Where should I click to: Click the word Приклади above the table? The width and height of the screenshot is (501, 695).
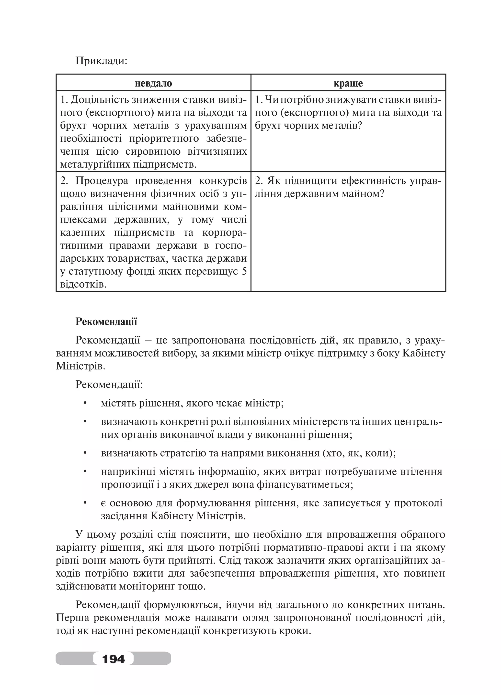(101, 61)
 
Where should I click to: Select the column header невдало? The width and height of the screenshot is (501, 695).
(153, 83)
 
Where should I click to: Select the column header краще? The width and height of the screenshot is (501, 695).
(348, 83)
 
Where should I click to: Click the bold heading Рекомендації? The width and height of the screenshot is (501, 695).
(106, 321)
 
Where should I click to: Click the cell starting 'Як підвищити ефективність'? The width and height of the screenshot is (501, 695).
(348, 187)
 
